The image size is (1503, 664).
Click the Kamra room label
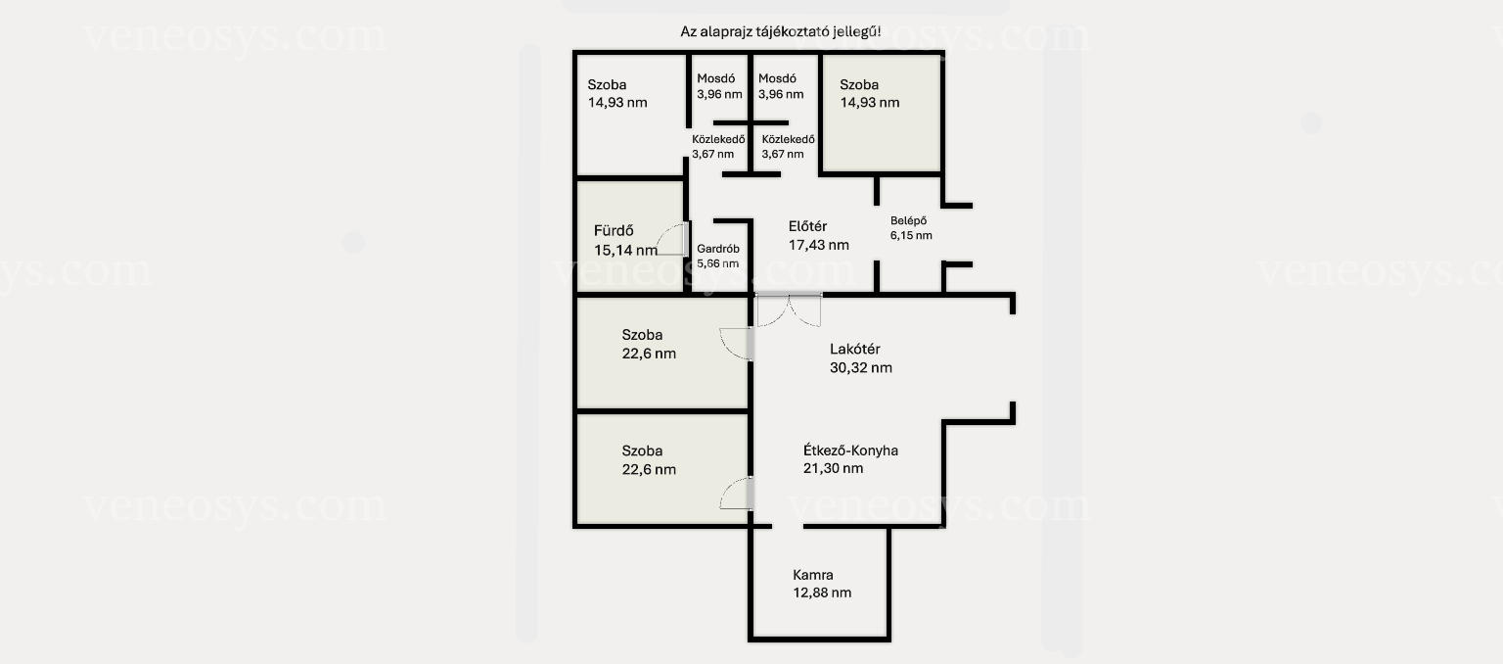pos(812,575)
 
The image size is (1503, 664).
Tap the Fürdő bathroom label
pos(614,231)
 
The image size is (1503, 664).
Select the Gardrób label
pos(718,249)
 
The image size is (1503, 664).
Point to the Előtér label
pos(807,226)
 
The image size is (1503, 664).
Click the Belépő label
pos(908,220)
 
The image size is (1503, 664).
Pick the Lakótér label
pos(855,349)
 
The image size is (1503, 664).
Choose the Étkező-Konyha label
pos(850,451)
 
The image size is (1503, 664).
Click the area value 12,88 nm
pos(822,593)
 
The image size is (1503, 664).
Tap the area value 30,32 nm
pos(861,368)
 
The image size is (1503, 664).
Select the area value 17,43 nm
pos(819,245)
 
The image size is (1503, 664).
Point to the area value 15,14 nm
pos(625,251)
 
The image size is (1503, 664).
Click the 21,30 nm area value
pos(834,469)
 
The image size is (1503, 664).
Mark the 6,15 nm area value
pos(911,236)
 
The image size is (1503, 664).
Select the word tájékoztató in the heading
pos(794,31)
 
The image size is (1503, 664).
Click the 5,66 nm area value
pos(718,263)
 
